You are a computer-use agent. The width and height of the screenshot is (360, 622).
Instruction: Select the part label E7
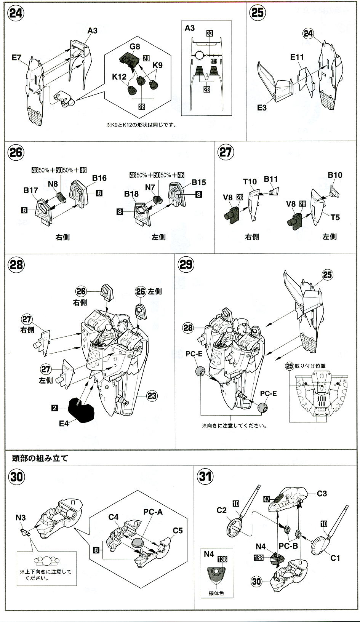click(x=17, y=58)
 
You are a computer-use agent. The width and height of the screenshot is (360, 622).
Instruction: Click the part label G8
click(x=135, y=47)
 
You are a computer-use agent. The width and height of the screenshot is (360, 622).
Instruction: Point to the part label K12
click(x=119, y=77)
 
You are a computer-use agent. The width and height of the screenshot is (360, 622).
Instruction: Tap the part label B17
click(x=31, y=190)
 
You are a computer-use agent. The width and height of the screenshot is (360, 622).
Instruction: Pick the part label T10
click(x=250, y=182)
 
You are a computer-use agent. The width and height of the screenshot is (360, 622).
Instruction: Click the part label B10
click(x=335, y=175)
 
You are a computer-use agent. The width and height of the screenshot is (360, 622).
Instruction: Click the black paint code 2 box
click(x=55, y=408)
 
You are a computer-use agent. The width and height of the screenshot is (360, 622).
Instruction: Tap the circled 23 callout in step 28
click(x=152, y=396)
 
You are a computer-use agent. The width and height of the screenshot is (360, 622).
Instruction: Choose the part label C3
click(x=322, y=493)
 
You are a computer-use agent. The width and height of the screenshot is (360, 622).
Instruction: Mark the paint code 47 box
click(x=266, y=499)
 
